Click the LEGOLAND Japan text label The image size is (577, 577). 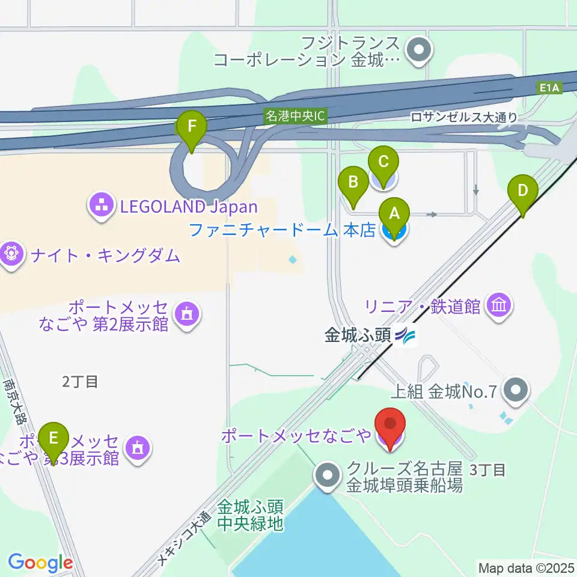click(189, 207)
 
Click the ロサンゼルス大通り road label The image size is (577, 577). click(464, 118)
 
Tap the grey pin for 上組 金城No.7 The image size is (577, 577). click(514, 391)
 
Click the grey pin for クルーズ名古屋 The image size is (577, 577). click(328, 476)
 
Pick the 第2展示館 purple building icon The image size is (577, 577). click(187, 314)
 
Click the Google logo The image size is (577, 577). click(40, 563)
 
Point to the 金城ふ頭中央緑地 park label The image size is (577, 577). click(249, 515)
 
